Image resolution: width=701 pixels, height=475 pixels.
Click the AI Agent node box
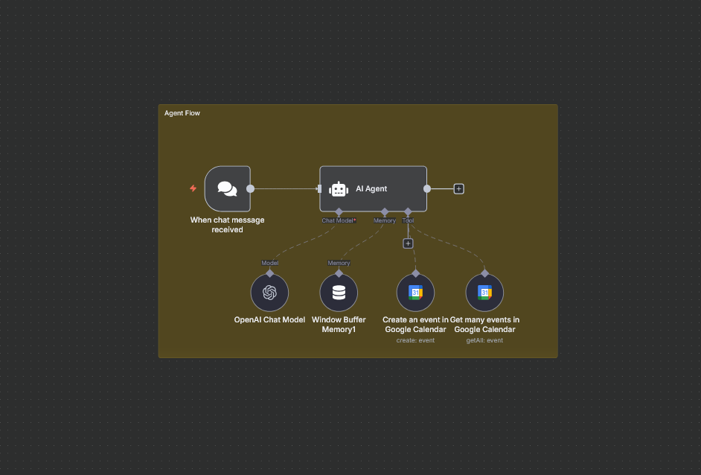373,189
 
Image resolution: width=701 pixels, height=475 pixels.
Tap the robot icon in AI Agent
339,189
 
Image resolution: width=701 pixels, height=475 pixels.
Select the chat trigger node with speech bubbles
227,189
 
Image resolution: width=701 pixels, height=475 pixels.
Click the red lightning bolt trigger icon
193,188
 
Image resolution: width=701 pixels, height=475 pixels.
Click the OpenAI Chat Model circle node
269,293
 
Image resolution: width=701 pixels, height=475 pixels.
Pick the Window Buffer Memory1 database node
339,293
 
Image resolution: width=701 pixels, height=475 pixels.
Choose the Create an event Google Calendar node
415,293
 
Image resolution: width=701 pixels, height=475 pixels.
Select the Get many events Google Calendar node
484,293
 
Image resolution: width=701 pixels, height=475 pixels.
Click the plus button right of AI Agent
458,189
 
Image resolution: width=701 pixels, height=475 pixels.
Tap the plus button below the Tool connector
408,243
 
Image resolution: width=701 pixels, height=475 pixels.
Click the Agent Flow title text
182,113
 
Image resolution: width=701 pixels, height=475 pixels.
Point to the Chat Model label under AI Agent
338,221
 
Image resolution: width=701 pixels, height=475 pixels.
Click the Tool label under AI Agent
408,221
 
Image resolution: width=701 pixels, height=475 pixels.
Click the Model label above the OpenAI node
269,263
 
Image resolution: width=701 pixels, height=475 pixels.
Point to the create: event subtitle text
415,340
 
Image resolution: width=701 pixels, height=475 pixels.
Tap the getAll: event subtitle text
484,340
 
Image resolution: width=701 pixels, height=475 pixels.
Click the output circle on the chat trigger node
250,189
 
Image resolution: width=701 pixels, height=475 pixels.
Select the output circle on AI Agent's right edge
427,189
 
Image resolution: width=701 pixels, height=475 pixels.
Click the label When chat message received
227,225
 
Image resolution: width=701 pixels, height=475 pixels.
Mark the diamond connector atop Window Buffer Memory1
339,273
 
